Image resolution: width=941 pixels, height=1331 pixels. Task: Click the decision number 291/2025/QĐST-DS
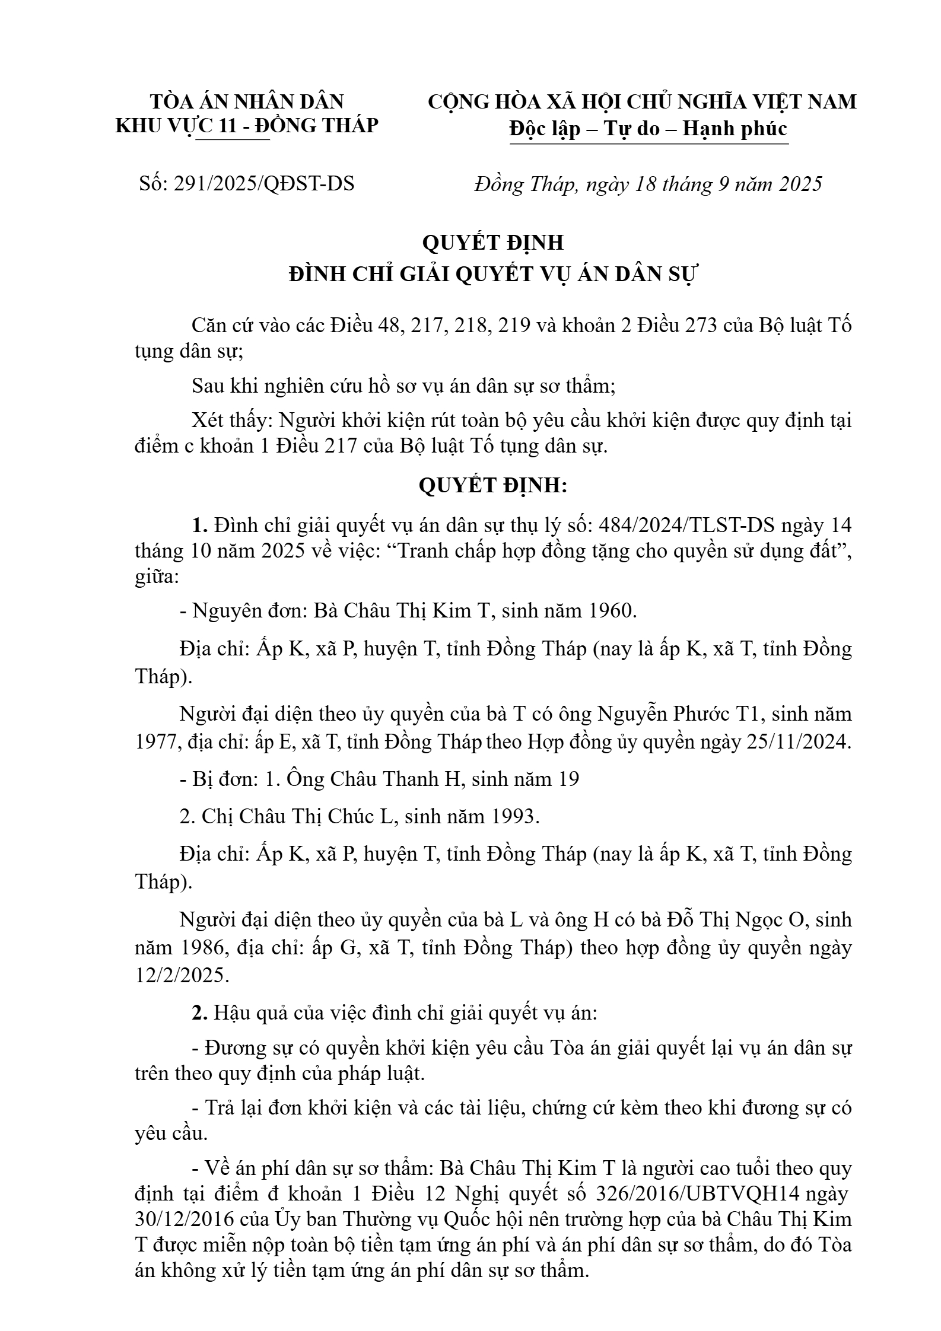point(263,184)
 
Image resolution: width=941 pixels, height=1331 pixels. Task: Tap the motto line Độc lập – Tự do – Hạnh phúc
point(648,128)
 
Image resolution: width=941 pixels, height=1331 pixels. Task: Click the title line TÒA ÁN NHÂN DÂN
point(247,101)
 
